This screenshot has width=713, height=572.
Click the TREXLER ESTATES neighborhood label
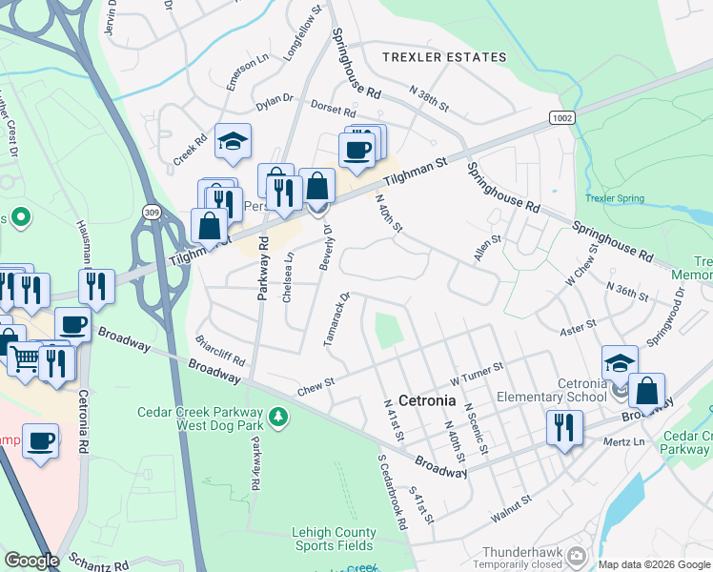(444, 57)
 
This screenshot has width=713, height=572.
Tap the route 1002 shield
(561, 115)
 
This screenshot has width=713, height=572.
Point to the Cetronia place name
(429, 400)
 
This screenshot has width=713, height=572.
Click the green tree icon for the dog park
(277, 417)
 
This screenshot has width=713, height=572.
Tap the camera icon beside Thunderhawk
(576, 554)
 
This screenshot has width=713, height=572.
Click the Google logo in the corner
(31, 561)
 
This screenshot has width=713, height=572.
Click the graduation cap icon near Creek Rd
(233, 141)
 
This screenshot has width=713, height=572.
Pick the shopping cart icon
(26, 358)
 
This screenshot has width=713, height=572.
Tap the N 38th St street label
(428, 99)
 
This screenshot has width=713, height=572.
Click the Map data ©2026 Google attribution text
(653, 564)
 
